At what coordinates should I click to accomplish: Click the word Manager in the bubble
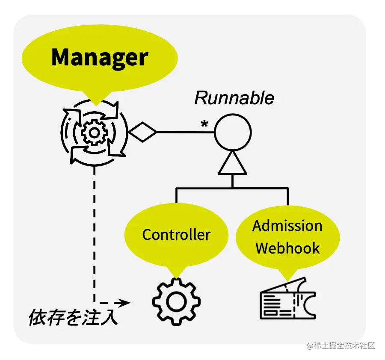coord(99,57)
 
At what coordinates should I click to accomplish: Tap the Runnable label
coord(234,98)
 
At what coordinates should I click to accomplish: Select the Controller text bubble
coord(176,235)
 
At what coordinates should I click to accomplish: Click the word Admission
coord(287,226)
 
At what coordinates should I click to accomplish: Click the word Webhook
coord(287,248)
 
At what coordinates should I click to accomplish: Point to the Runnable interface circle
coord(232,132)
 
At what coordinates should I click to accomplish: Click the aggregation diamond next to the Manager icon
coord(143,132)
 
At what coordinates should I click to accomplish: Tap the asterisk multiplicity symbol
coord(204,124)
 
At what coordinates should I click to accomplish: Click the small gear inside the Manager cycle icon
coord(92,133)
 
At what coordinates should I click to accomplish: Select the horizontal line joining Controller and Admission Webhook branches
coord(232,188)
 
